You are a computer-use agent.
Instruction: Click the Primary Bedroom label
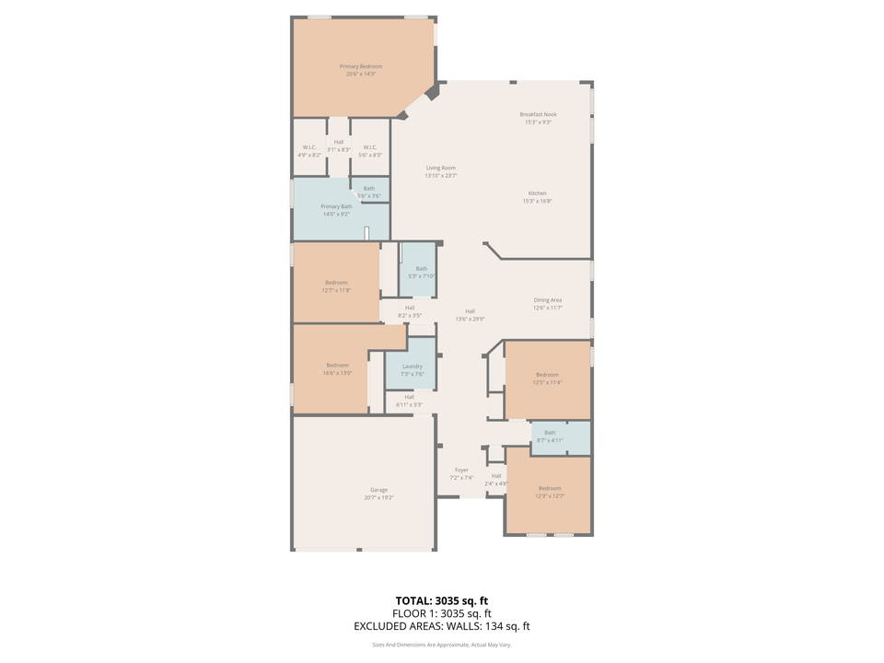(x=360, y=66)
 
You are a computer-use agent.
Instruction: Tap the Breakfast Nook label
(x=538, y=114)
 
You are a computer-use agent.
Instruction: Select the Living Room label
(x=440, y=168)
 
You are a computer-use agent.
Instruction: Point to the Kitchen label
(x=538, y=193)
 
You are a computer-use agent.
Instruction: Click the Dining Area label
(x=548, y=300)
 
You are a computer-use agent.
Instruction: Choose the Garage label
(x=378, y=490)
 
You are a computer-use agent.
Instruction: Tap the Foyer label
(x=461, y=470)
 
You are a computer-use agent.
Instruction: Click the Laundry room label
(x=412, y=366)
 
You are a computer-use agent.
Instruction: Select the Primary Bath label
(x=336, y=206)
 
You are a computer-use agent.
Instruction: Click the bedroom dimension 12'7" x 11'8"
(x=336, y=290)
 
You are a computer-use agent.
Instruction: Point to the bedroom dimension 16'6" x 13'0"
(x=337, y=373)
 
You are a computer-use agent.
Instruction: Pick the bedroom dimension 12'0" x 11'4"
(x=548, y=382)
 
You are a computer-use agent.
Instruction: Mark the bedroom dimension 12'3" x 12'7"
(x=550, y=495)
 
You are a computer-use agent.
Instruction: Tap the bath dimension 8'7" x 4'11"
(x=550, y=440)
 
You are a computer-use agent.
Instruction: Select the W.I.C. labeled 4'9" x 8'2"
(x=309, y=155)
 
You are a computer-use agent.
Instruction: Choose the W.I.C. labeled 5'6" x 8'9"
(x=369, y=155)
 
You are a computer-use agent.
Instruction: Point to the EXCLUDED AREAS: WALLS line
(x=442, y=626)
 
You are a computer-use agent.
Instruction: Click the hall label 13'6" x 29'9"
(x=470, y=319)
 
